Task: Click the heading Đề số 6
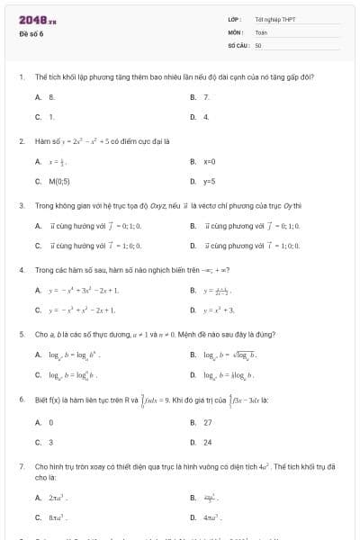31,33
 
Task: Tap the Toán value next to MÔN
261,31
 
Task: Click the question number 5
21,333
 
